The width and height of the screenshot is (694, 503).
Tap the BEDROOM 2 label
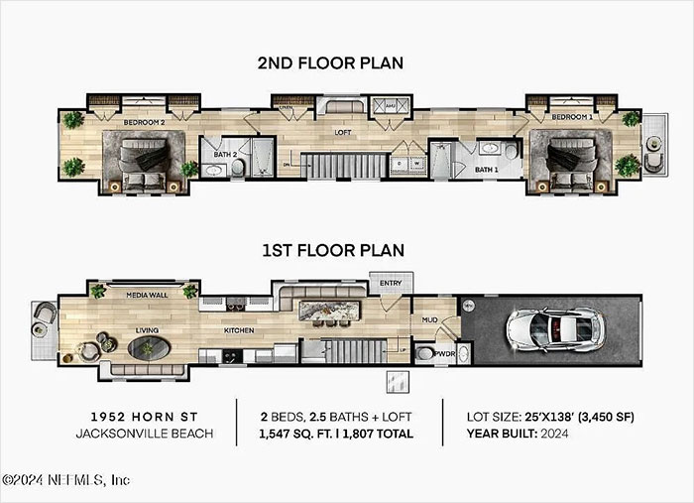click(145, 122)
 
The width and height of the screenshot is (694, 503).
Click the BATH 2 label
click(223, 154)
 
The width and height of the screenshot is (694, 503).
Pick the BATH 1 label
click(486, 170)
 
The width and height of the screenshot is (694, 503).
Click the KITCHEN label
click(238, 328)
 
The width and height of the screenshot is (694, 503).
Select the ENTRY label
click(391, 284)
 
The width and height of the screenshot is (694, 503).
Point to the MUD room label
click(429, 320)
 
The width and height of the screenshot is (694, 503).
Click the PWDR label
click(446, 353)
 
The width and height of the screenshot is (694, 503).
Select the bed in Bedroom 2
click(149, 159)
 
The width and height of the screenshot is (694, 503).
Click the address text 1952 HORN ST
click(145, 416)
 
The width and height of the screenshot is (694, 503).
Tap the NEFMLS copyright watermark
click(65, 479)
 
